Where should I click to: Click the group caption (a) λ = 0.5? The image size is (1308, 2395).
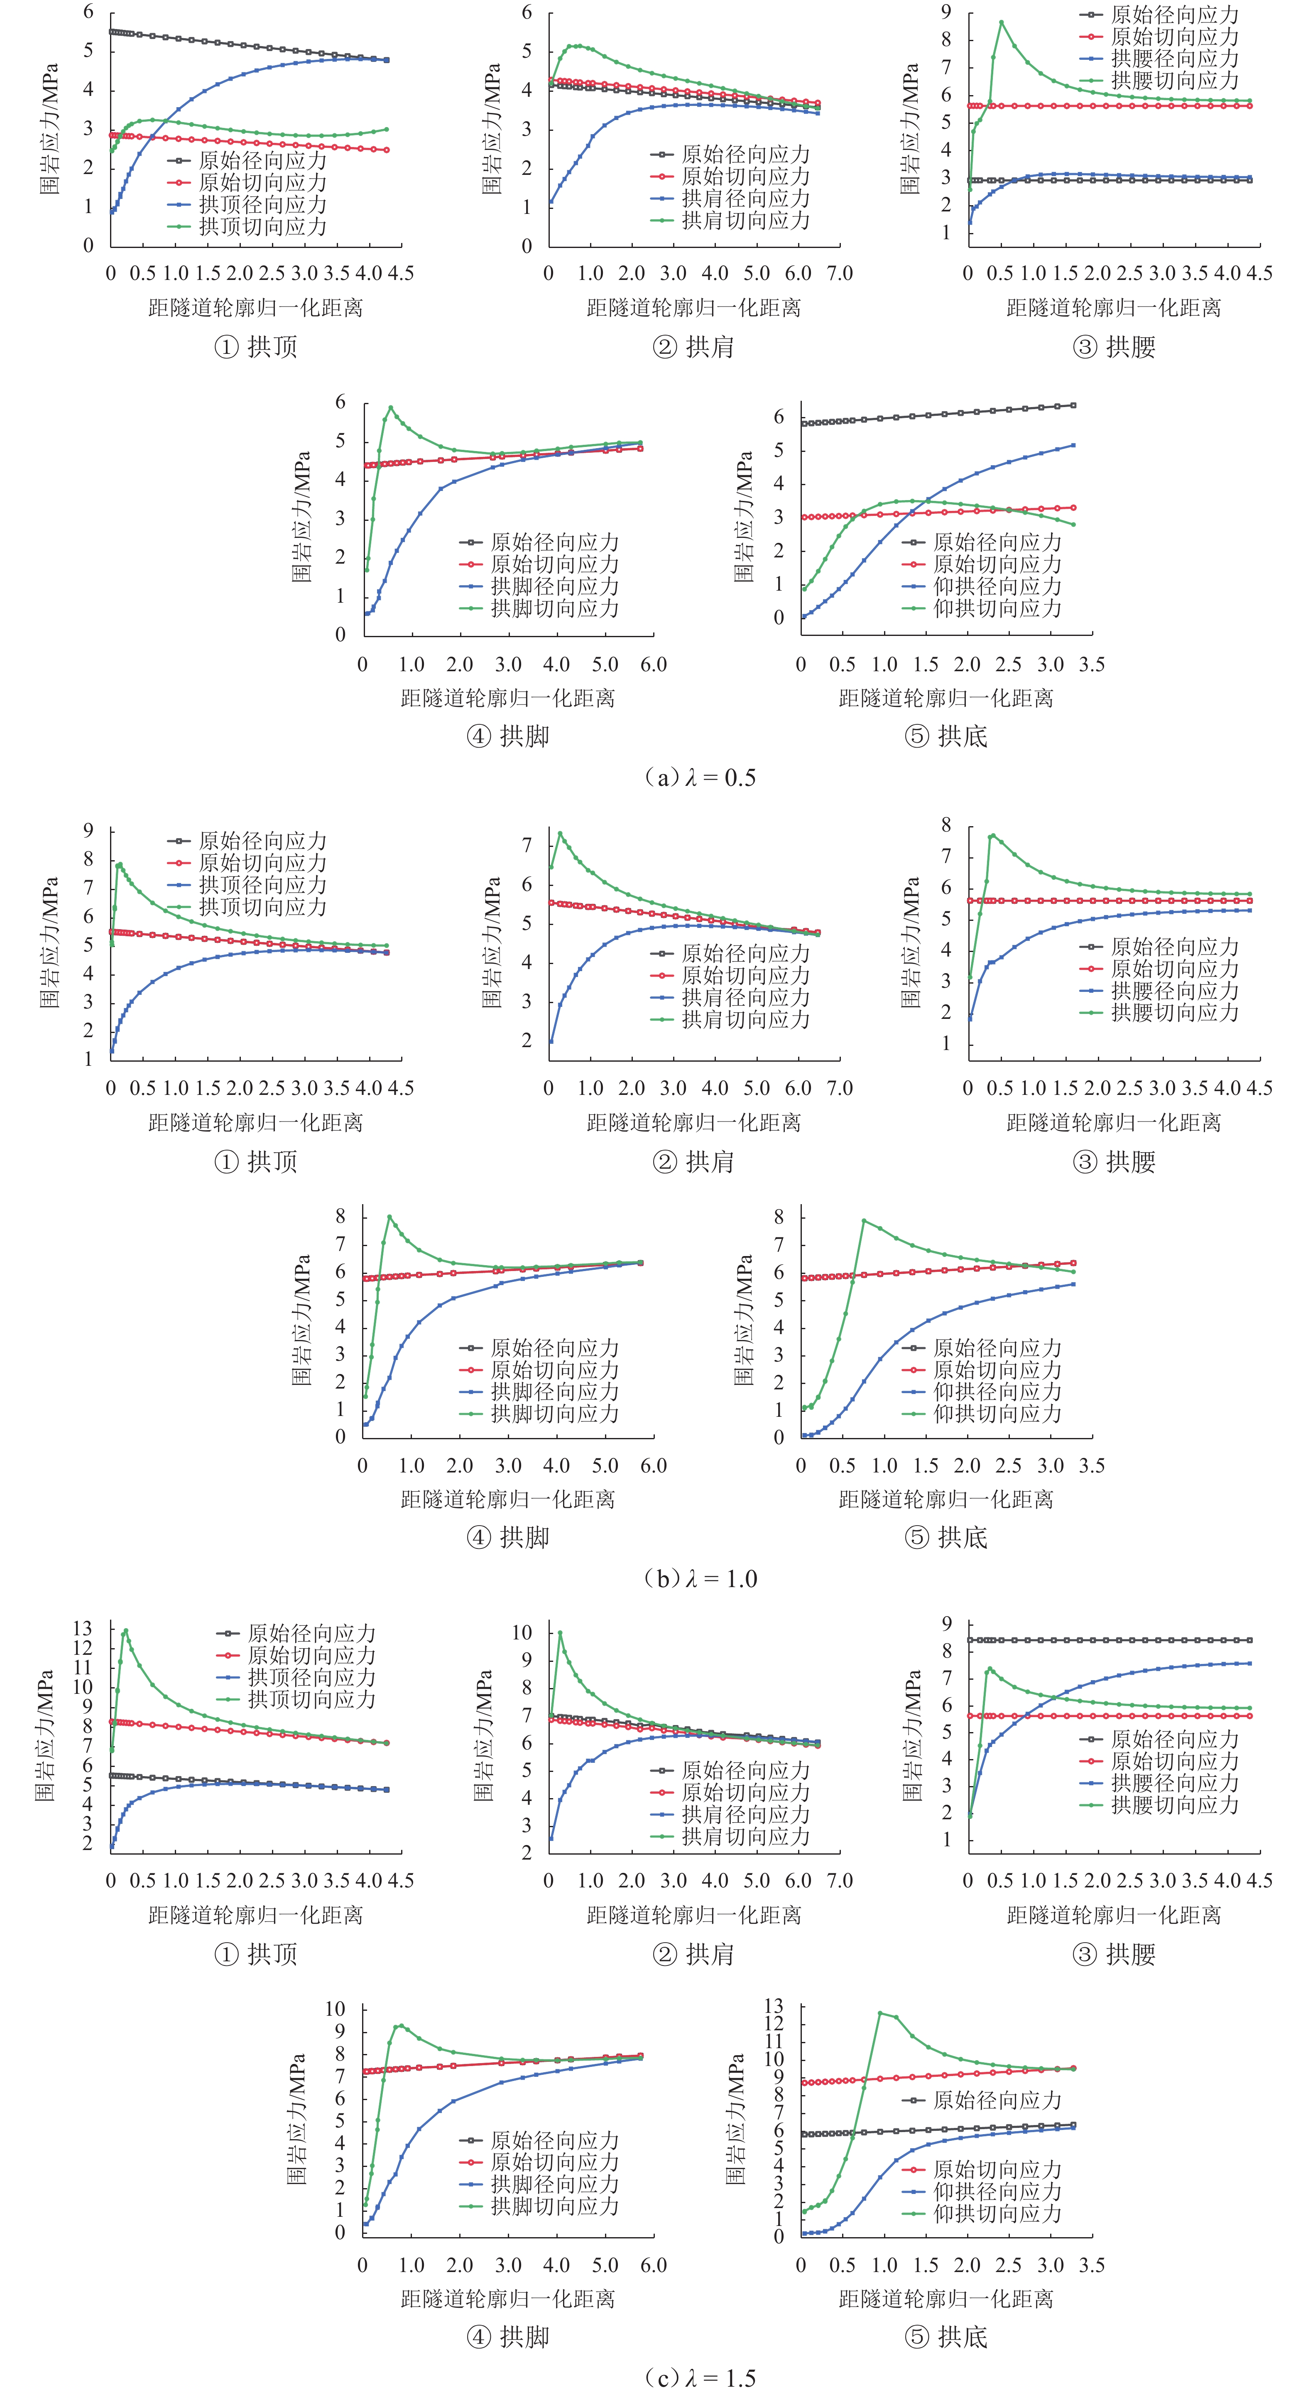click(x=699, y=777)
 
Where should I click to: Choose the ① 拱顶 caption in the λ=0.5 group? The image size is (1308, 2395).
click(x=256, y=347)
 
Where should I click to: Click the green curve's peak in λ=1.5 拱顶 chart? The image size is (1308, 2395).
click(x=125, y=1630)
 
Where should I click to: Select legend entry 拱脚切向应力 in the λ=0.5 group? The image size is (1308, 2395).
click(x=554, y=608)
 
